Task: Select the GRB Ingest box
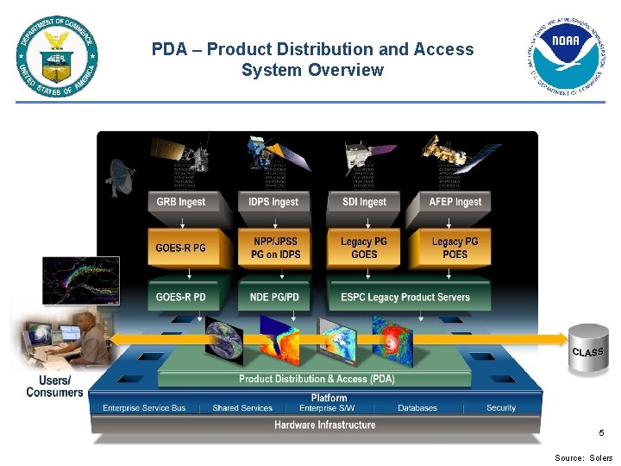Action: point(181,202)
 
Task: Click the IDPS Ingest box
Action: point(273,202)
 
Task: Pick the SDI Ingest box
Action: point(364,202)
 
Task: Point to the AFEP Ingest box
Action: point(455,202)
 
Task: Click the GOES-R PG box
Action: point(181,248)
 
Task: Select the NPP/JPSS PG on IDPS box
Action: point(276,248)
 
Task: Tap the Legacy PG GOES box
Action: point(364,248)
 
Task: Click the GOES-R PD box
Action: point(181,297)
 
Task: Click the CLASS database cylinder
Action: point(588,349)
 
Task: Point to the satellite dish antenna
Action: point(121,178)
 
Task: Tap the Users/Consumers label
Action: point(55,387)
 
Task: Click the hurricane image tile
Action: point(392,339)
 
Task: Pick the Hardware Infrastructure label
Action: point(325,425)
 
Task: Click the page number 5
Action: point(602,433)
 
